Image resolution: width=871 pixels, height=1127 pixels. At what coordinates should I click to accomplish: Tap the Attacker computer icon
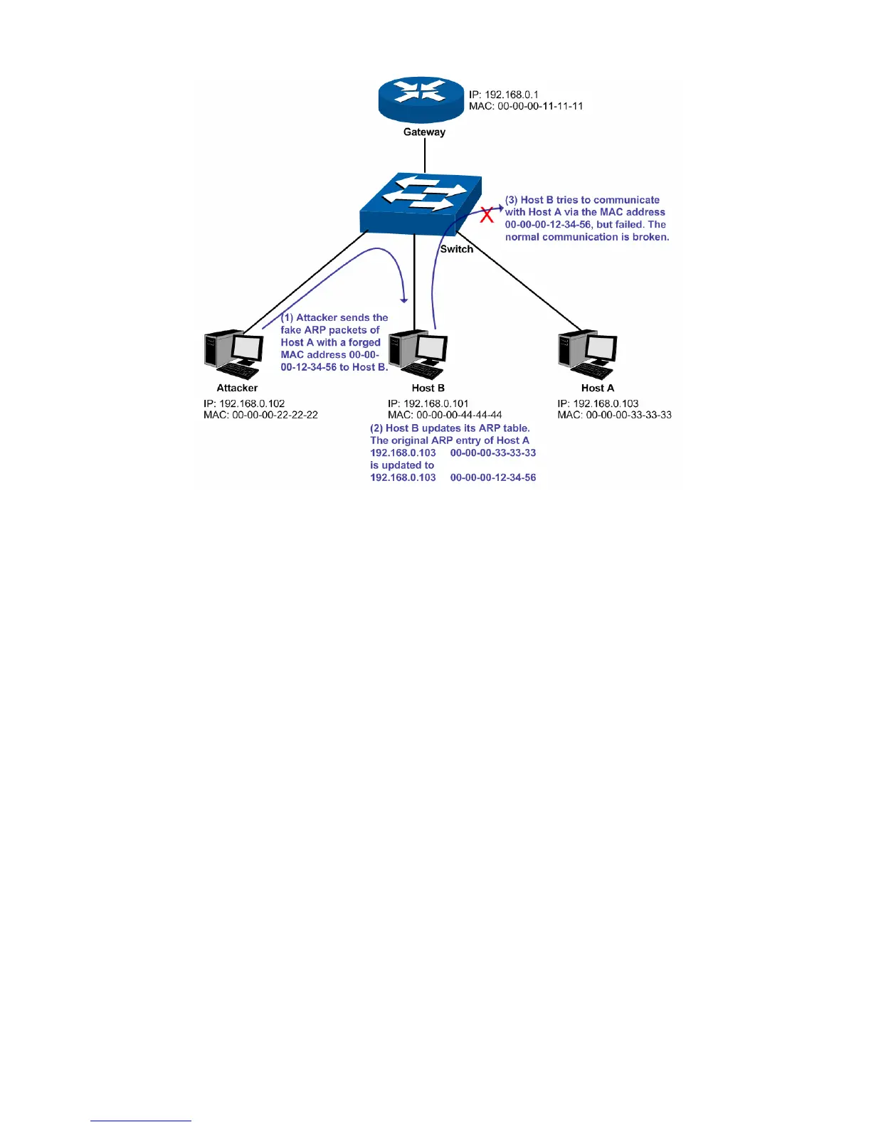point(233,353)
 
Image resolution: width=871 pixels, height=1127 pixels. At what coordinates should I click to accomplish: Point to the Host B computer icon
point(418,353)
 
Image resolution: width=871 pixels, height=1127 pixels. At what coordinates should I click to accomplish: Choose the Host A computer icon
point(587,353)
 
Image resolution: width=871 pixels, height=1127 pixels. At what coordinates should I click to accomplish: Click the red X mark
point(487,214)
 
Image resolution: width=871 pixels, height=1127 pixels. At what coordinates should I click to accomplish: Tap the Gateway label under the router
point(424,132)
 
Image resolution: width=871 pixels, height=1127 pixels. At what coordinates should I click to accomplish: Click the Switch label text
point(456,249)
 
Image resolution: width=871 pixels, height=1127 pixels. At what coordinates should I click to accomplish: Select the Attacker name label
point(237,388)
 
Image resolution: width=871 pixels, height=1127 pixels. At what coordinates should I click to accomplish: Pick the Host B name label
point(428,388)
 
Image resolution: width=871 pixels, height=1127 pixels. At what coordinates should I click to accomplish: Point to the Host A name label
point(597,388)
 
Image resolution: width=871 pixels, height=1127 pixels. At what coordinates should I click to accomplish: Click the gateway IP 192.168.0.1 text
point(503,94)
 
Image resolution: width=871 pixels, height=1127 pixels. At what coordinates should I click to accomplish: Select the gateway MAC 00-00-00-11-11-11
point(526,106)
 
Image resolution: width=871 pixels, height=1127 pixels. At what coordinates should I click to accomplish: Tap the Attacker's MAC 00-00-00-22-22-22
point(260,415)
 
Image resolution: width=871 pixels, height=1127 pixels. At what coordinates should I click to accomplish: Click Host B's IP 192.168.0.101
point(428,403)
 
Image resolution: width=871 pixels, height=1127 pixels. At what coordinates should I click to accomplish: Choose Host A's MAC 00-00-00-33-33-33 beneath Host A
point(614,415)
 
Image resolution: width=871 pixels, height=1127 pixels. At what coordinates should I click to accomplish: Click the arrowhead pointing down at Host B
point(404,299)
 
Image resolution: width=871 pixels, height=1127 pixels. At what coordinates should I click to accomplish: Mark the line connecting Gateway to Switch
point(425,155)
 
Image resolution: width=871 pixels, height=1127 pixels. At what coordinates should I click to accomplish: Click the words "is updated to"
point(402,465)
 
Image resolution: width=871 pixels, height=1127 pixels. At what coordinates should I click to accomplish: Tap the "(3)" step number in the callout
point(511,200)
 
